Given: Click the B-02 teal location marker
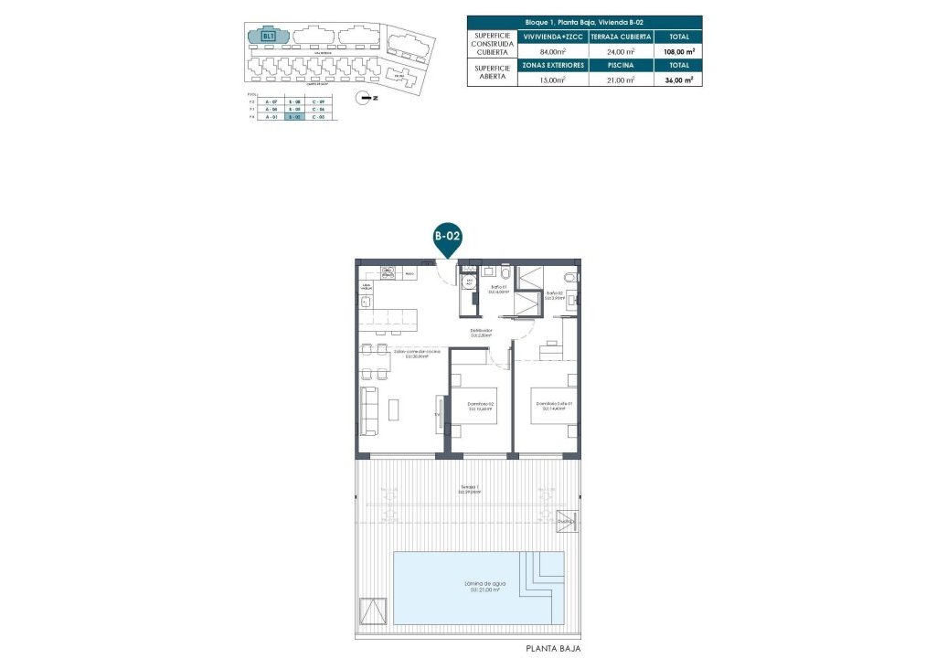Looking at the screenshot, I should pos(446,238).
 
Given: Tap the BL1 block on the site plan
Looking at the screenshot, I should pos(269,37).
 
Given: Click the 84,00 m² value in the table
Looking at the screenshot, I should pos(553,52).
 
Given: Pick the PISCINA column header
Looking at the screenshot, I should pos(620,66).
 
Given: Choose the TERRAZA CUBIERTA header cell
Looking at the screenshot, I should pos(621,37).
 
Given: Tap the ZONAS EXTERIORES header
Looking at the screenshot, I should pos(553,66).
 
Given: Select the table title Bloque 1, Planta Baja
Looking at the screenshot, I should pos(585,21).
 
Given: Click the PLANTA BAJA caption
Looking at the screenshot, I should pos(553,649).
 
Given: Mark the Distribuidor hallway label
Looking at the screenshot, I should pos(481,333).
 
